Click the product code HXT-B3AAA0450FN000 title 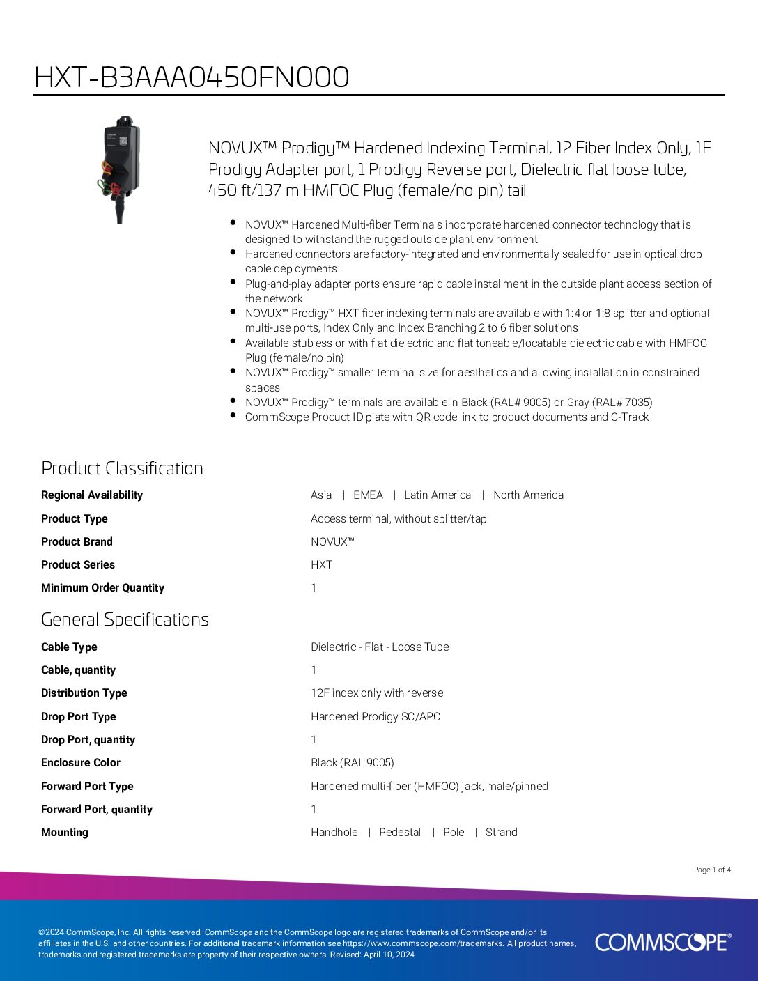pyautogui.click(x=192, y=77)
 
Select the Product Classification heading pyautogui.click(x=122, y=468)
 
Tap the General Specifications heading pyautogui.click(x=125, y=619)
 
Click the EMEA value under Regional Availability pyautogui.click(x=368, y=495)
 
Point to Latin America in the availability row pyautogui.click(x=438, y=495)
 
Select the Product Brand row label pyautogui.click(x=77, y=541)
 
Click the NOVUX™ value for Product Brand pyautogui.click(x=332, y=541)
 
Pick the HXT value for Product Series pyautogui.click(x=321, y=565)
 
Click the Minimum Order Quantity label pyautogui.click(x=102, y=588)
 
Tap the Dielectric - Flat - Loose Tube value pyautogui.click(x=380, y=647)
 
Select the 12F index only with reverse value pyautogui.click(x=377, y=693)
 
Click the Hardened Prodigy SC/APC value pyautogui.click(x=376, y=716)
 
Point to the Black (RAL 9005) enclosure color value pyautogui.click(x=352, y=763)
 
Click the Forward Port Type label pyautogui.click(x=87, y=786)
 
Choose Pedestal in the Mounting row pyautogui.click(x=400, y=833)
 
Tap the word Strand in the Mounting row pyautogui.click(x=502, y=833)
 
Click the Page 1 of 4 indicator pyautogui.click(x=712, y=870)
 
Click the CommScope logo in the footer pyautogui.click(x=663, y=942)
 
